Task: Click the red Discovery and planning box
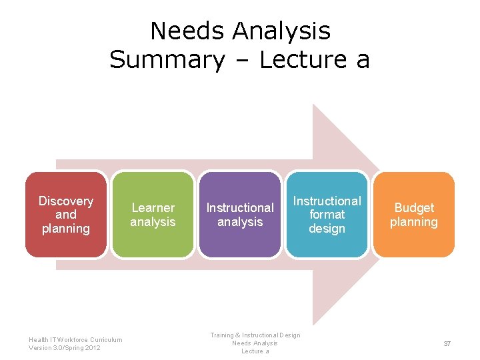[66, 243]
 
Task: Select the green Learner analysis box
[153, 243]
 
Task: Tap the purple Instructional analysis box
[240, 243]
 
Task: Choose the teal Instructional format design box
[327, 247]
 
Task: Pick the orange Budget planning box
[414, 243]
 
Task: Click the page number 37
[447, 343]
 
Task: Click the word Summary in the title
[167, 60]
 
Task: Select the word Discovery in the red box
[66, 201]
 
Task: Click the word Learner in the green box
[153, 208]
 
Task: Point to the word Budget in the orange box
[414, 208]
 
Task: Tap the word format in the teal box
[327, 215]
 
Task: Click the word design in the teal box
[327, 229]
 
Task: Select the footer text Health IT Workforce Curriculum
[75, 339]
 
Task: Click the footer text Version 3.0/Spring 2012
[65, 348]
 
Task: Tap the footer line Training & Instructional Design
[255, 335]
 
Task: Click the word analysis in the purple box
[240, 222]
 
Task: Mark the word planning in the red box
[66, 229]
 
